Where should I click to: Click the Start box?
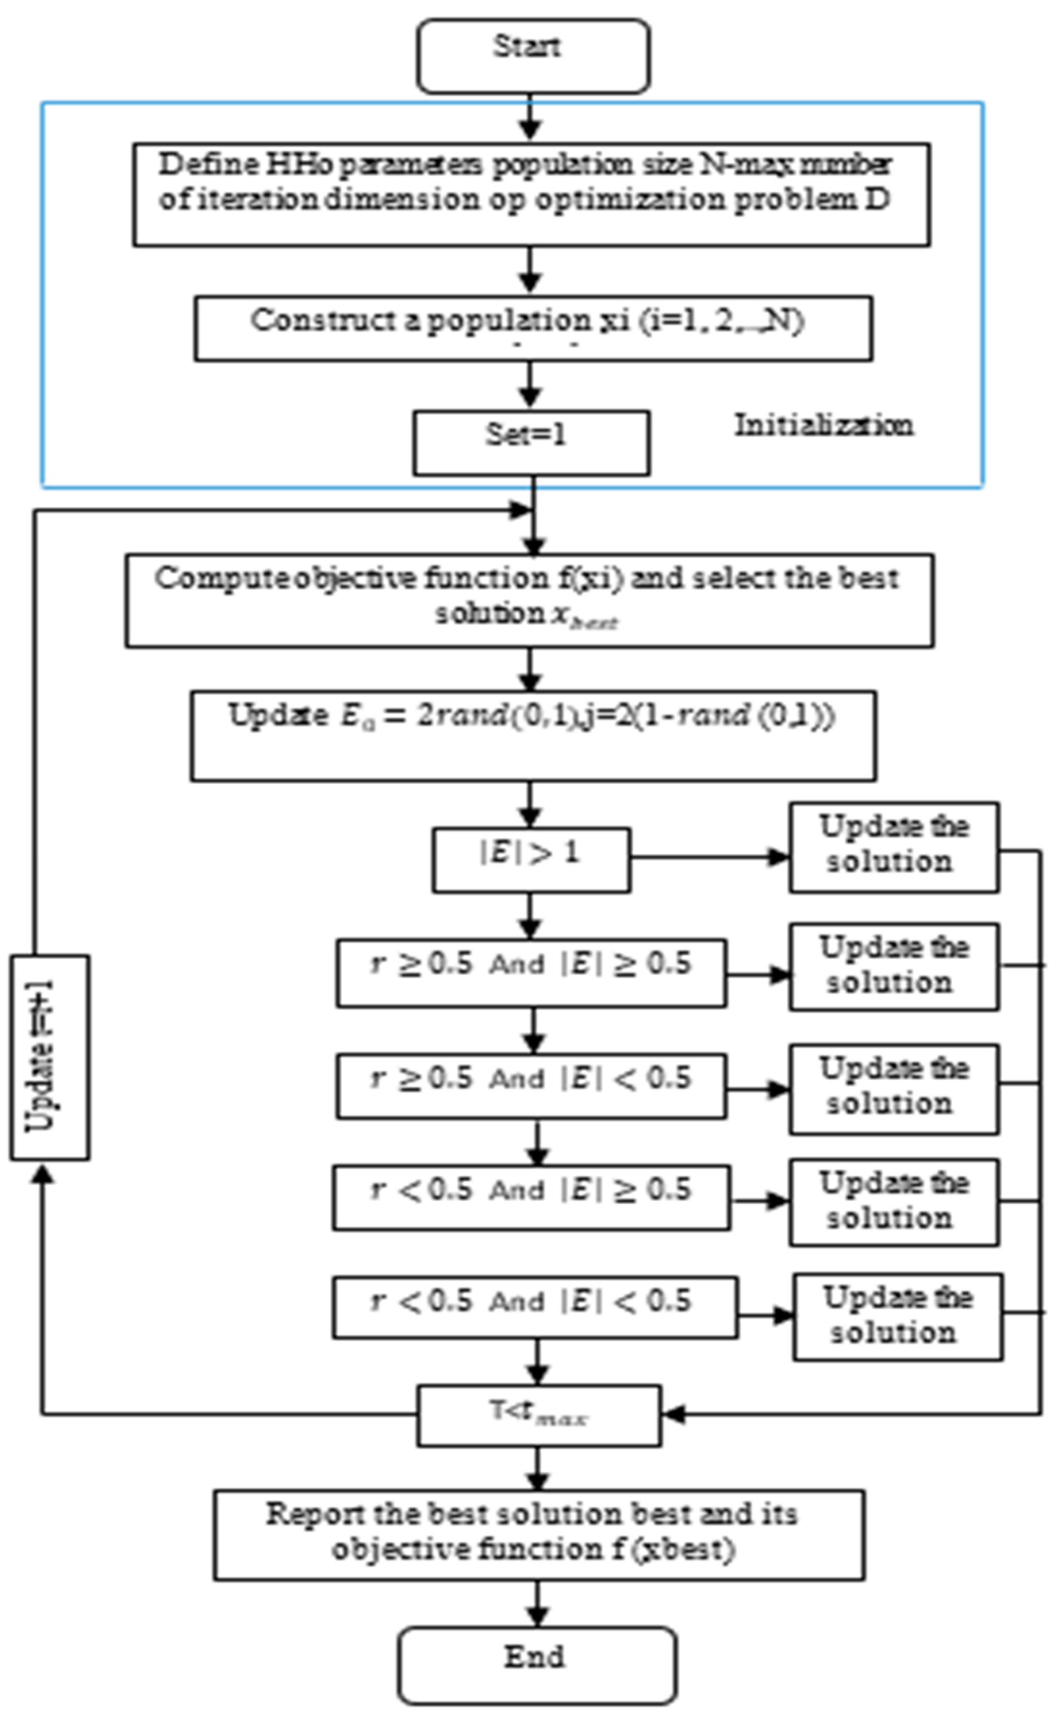[x=533, y=56]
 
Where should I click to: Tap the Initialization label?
[x=823, y=425]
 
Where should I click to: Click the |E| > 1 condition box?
[x=531, y=859]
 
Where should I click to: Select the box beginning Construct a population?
[x=533, y=328]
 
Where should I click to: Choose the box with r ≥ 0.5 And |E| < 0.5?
[x=531, y=1086]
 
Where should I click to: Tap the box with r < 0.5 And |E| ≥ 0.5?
[x=531, y=1198]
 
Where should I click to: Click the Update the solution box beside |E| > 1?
[x=893, y=847]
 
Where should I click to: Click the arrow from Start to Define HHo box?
[x=531, y=119]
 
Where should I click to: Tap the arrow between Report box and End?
[x=537, y=1603]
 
